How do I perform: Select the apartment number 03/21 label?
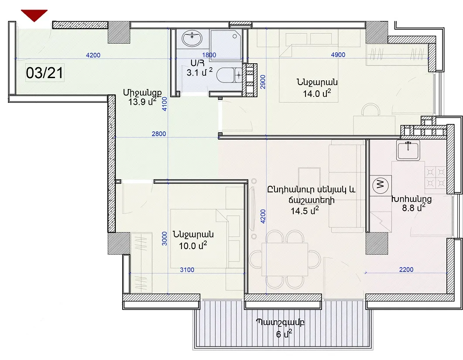(45, 73)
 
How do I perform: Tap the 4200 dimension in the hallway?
(93, 55)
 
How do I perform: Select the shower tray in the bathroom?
(226, 45)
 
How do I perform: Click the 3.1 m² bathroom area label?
(199, 72)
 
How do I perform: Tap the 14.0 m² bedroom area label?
(317, 93)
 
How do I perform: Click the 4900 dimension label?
(338, 55)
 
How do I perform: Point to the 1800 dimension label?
(209, 55)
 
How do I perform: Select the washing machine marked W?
(381, 185)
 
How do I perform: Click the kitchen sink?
(408, 150)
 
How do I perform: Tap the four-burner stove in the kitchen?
(436, 178)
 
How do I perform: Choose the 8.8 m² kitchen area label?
(414, 208)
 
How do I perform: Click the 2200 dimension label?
(406, 269)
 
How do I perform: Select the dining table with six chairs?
(285, 260)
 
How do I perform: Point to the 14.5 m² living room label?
(305, 211)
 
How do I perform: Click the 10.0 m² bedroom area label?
(193, 245)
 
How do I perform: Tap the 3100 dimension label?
(187, 270)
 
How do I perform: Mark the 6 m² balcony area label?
(284, 334)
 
